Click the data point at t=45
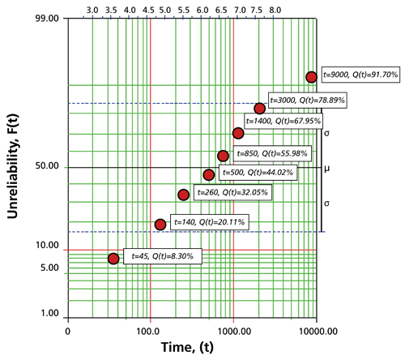click(113, 259)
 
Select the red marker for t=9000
click(311, 77)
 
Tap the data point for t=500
click(209, 174)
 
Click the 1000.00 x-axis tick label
click(234, 331)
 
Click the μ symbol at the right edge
click(327, 169)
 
